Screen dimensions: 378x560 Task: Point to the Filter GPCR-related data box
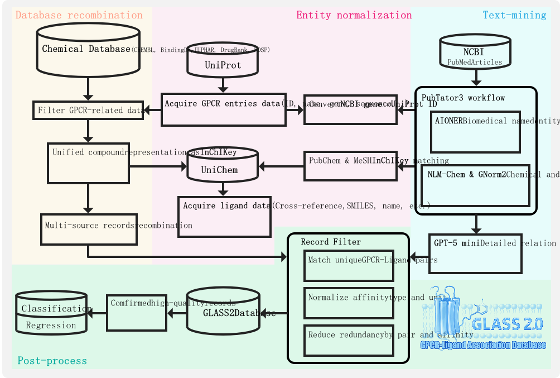click(x=88, y=111)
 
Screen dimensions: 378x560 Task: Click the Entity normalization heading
click(x=354, y=15)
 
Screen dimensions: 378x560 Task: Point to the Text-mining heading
click(x=514, y=15)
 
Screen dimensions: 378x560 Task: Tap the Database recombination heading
click(x=79, y=15)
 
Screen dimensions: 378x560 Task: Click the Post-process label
click(x=52, y=361)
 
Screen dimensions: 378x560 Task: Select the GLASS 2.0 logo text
click(x=507, y=324)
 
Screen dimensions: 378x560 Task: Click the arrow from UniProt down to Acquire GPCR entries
click(x=223, y=84)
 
